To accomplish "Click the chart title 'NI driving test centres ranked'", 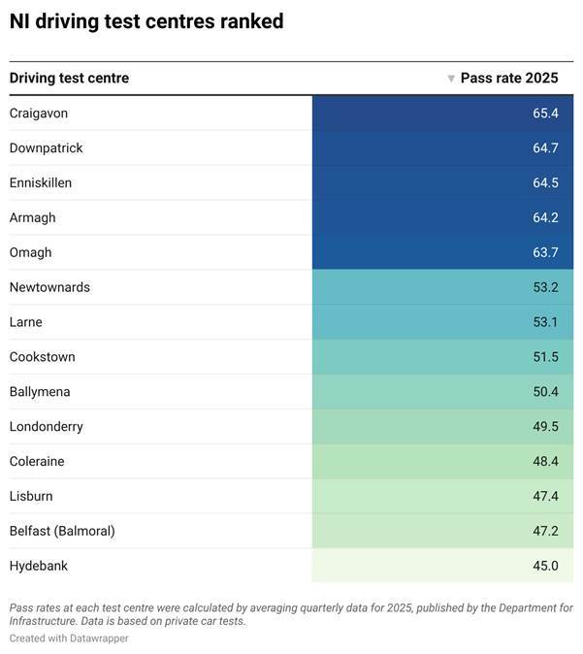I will click(x=146, y=21).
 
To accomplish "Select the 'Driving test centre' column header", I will click(x=69, y=79).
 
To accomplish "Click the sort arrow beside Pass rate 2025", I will click(x=451, y=79).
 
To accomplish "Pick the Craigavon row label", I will click(x=39, y=114).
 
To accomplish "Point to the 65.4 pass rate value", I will click(x=545, y=114).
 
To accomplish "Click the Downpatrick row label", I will click(x=47, y=148).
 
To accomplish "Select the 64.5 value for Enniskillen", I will click(x=545, y=183).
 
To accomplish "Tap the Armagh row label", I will click(x=33, y=217).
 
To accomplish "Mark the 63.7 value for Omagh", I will click(x=545, y=252).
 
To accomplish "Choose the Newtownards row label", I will click(x=49, y=287).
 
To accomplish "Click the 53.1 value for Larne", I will click(x=545, y=322).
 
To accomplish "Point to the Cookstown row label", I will click(x=43, y=357).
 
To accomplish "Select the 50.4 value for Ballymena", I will click(x=545, y=392).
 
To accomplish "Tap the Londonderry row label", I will click(x=47, y=427).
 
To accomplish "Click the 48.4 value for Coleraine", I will click(x=545, y=462).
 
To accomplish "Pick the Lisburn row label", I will click(x=31, y=497).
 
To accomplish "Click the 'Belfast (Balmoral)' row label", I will click(x=62, y=532).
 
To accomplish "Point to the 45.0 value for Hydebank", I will click(x=545, y=566).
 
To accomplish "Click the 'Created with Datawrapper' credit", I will click(x=69, y=638).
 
